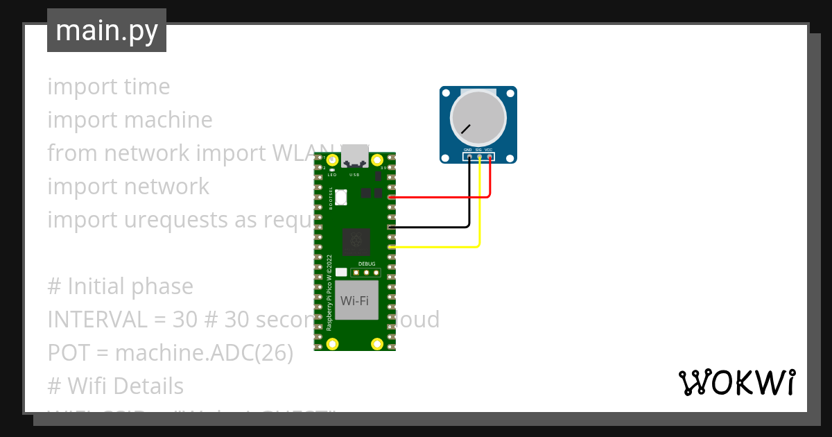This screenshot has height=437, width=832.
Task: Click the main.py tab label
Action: point(106,31)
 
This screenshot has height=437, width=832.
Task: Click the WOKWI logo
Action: point(736,383)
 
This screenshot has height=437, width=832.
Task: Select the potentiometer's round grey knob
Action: point(478,116)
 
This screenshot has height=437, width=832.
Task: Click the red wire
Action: point(444,197)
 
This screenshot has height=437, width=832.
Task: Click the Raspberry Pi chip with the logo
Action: point(356,242)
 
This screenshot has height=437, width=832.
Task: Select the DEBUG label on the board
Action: point(367,264)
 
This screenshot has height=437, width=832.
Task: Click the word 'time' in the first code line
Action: point(146,87)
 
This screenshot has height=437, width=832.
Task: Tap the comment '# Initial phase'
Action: point(120,286)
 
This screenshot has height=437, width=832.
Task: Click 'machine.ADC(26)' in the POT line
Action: point(204,353)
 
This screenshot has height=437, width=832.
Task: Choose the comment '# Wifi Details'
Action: point(115,386)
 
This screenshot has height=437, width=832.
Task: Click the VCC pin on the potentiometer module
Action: point(490,157)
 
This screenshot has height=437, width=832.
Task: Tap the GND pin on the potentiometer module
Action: point(469,157)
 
